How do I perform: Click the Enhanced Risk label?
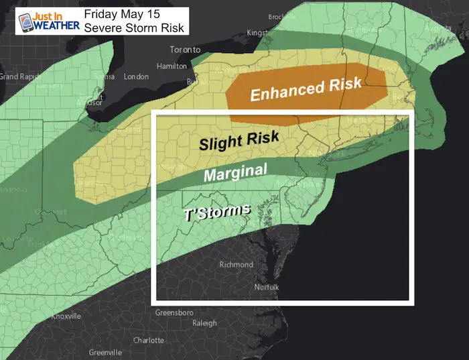coord(306,89)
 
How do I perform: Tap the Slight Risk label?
coord(239,141)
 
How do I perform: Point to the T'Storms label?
coord(217,213)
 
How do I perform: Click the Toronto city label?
coord(186,50)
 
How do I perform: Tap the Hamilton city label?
coord(172,66)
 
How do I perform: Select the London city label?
coord(136,76)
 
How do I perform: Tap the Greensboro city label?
coord(174,313)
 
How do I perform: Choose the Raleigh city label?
coord(206,322)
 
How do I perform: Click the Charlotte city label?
coord(149,340)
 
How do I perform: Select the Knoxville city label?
coord(66,316)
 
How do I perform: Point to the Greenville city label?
coord(105,353)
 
